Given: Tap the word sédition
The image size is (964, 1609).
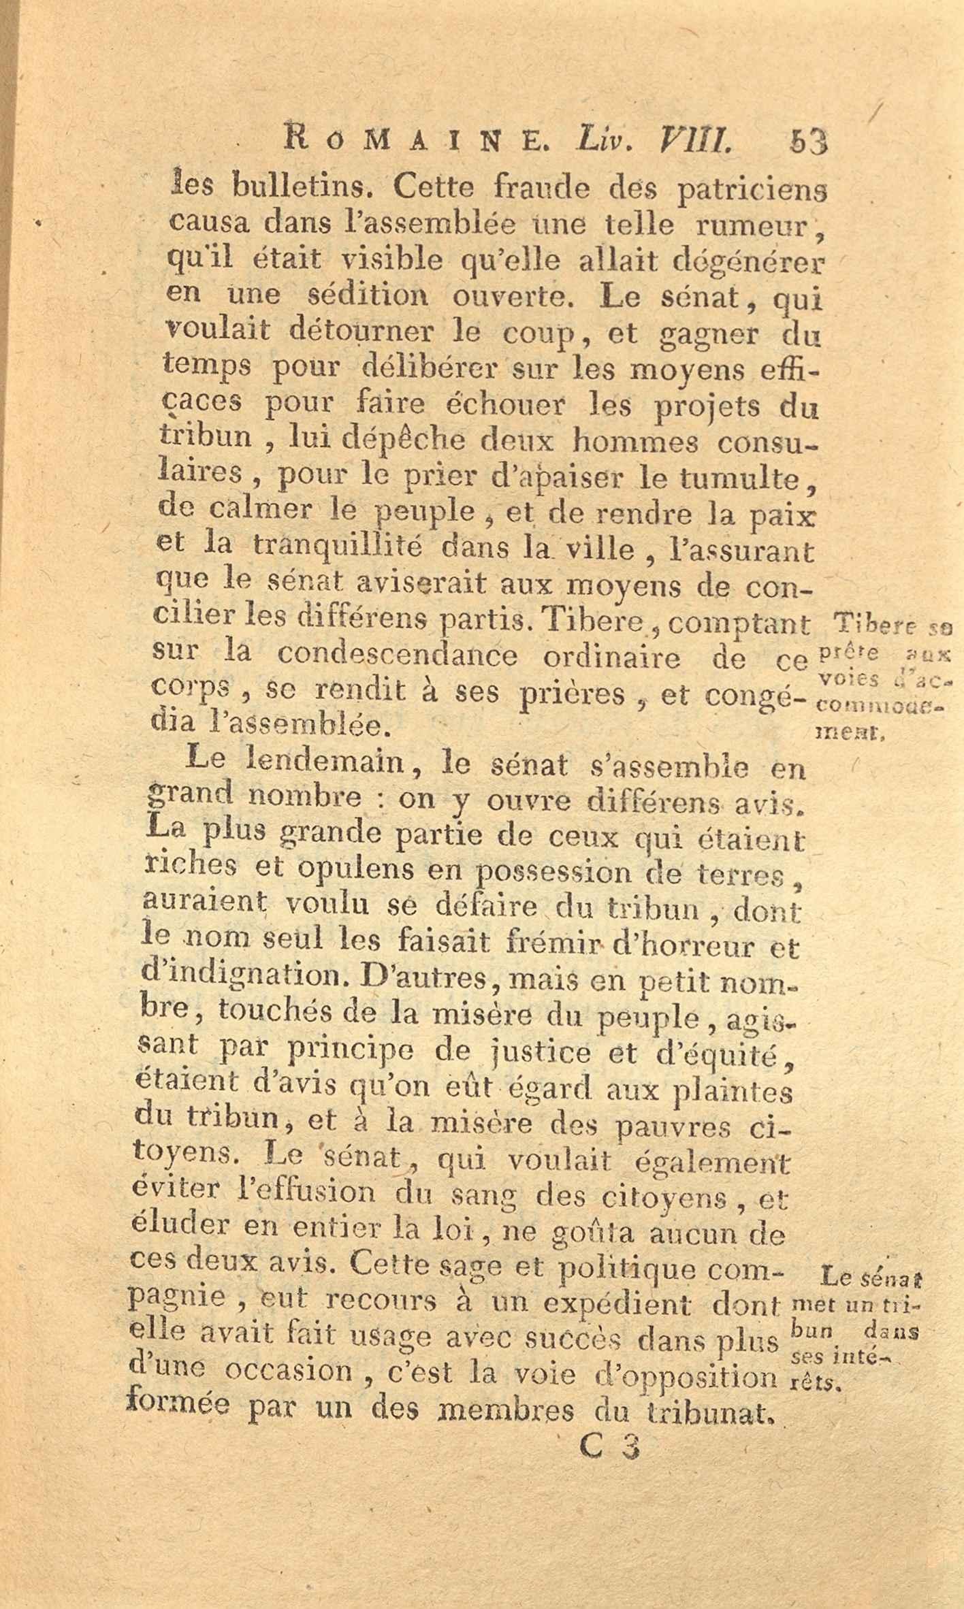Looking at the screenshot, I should (369, 296).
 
